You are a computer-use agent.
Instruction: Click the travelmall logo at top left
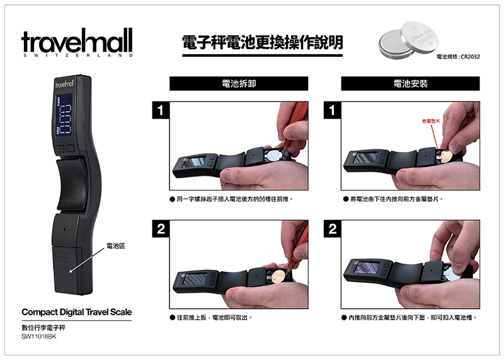pyautogui.click(x=77, y=41)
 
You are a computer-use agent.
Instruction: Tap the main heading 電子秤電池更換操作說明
pyautogui.click(x=262, y=42)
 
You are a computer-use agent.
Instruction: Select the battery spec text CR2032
pyautogui.click(x=470, y=57)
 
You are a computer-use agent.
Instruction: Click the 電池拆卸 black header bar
pyautogui.click(x=239, y=84)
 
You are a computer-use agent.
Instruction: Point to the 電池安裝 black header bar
pyautogui.click(x=411, y=84)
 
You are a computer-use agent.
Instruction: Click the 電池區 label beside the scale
pyautogui.click(x=116, y=246)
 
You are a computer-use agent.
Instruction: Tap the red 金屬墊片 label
pyautogui.click(x=431, y=121)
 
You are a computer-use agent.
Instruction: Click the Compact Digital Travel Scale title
pyautogui.click(x=76, y=312)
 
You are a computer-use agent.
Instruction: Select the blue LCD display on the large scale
pyautogui.click(x=64, y=115)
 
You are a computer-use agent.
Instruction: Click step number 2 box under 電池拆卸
pyautogui.click(x=161, y=229)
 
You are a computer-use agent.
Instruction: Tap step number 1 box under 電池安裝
pyautogui.click(x=333, y=110)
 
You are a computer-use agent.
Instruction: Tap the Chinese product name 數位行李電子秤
pyautogui.click(x=43, y=328)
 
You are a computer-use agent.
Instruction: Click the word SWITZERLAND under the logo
pyautogui.click(x=77, y=55)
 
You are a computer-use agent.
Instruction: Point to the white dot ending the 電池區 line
pyautogui.click(x=71, y=271)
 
